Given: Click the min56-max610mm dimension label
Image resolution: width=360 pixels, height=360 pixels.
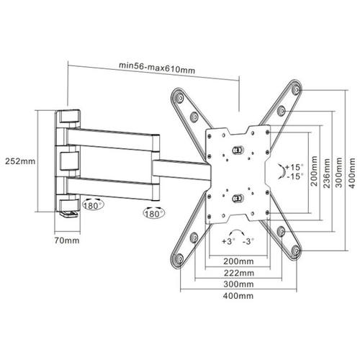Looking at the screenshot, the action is click(x=157, y=68).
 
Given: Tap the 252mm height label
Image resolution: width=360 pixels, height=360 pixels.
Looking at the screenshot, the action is click(x=20, y=161).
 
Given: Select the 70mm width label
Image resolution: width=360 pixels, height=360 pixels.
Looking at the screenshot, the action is click(x=67, y=240).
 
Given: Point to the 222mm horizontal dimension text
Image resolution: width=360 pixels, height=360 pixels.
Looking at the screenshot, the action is click(x=239, y=273).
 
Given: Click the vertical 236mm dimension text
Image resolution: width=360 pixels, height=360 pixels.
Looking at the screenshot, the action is click(x=327, y=173).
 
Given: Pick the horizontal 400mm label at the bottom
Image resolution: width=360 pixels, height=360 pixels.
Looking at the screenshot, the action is click(x=238, y=296).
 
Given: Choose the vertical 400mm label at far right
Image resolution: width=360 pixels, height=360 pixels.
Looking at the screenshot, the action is click(x=352, y=173).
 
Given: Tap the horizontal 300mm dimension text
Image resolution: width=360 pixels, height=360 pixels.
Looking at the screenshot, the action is click(x=238, y=284).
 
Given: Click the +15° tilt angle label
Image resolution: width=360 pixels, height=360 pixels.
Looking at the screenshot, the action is click(x=294, y=167).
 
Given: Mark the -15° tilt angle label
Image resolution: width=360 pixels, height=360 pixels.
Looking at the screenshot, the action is click(x=295, y=176).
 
